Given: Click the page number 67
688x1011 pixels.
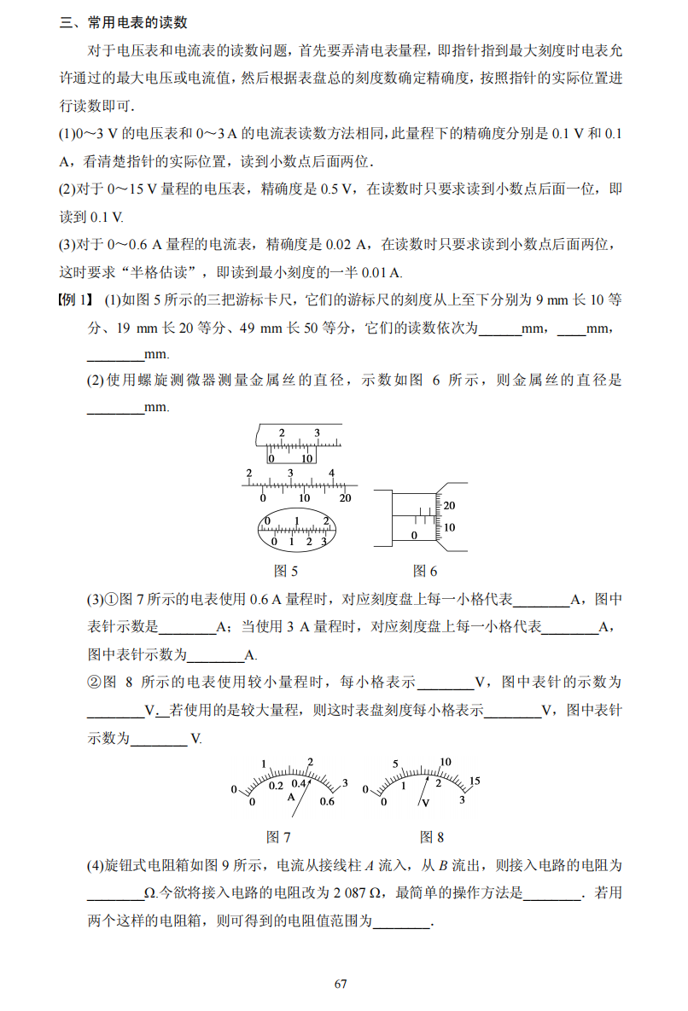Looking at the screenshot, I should click(341, 984).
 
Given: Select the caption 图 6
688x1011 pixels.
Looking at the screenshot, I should click(424, 571).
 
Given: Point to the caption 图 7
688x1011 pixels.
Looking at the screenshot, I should click(278, 837).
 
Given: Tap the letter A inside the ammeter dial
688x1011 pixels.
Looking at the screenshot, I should click(290, 797).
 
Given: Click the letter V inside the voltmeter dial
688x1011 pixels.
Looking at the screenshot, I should click(424, 803).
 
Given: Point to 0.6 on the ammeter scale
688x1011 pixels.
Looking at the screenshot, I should click(327, 801).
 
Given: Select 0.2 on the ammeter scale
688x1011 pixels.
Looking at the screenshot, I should click(276, 786).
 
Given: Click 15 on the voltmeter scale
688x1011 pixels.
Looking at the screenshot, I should click(475, 781).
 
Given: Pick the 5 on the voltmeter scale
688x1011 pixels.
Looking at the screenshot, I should click(396, 764).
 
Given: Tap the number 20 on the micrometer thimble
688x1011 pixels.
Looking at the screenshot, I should click(449, 505).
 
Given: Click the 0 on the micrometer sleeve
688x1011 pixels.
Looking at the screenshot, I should click(414, 535).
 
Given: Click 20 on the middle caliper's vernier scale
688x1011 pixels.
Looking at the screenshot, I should click(345, 498).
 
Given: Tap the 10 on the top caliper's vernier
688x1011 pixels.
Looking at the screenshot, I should click(306, 458).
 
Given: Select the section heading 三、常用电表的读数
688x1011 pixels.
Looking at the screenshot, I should click(124, 23).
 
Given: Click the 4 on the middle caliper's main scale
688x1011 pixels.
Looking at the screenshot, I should click(331, 474).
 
